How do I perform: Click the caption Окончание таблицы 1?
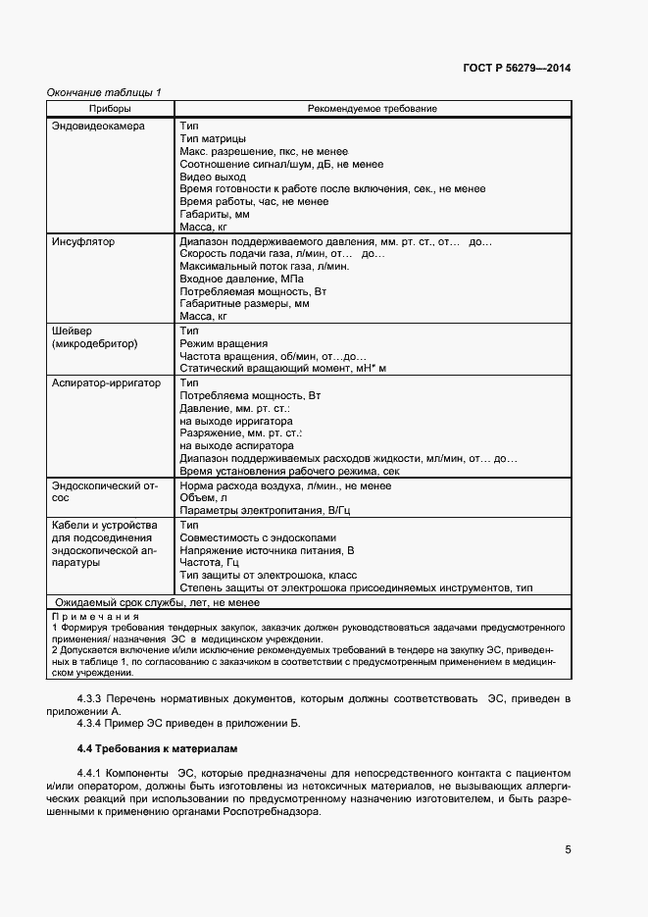pyautogui.click(x=104, y=92)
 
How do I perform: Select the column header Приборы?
pyautogui.click(x=110, y=108)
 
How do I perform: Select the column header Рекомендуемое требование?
pyautogui.click(x=372, y=108)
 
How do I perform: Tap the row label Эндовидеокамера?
pyautogui.click(x=98, y=127)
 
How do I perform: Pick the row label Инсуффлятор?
pyautogui.click(x=84, y=241)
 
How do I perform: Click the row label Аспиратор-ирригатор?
pyautogui.click(x=106, y=382)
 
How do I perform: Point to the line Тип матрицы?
pyautogui.click(x=213, y=139)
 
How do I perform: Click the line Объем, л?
pyautogui.click(x=204, y=497)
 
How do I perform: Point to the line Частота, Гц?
pyautogui.click(x=210, y=562)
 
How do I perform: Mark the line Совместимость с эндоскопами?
pyautogui.click(x=258, y=537)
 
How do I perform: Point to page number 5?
pyautogui.click(x=568, y=849)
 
